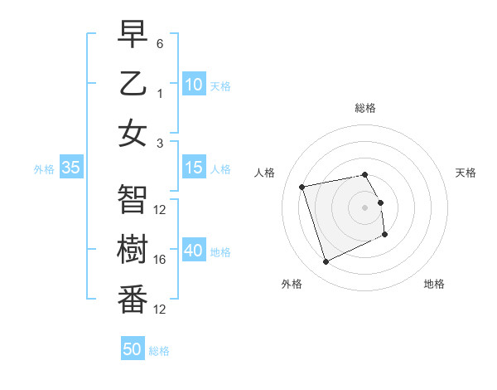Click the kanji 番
[x=133, y=300]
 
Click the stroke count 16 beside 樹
[x=160, y=260]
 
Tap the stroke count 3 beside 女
[x=160, y=143]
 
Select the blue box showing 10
[x=194, y=85]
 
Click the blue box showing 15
[x=194, y=168]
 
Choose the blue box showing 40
[x=194, y=251]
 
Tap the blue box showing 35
[x=71, y=168]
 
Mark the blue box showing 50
[x=133, y=349]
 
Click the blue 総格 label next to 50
[x=160, y=351]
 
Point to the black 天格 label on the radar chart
[x=466, y=173]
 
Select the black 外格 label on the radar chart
[x=292, y=284]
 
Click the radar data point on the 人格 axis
[x=302, y=186]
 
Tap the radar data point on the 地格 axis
[x=385, y=235]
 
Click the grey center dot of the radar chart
[x=364, y=207]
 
